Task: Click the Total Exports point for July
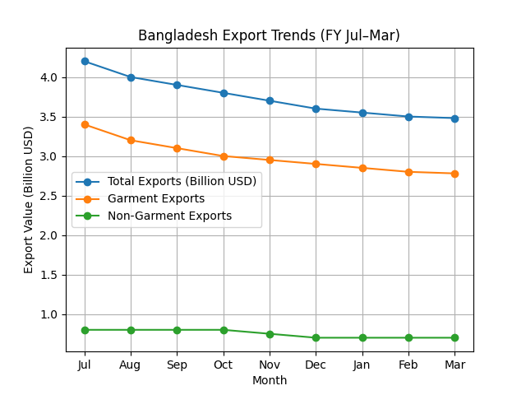(x=85, y=61)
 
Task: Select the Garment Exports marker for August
(x=131, y=141)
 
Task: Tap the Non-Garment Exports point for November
(x=270, y=334)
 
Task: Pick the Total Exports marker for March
(x=454, y=118)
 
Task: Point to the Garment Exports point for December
(x=316, y=164)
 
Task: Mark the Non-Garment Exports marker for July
(x=85, y=330)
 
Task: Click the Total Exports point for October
(x=224, y=93)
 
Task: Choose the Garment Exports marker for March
(x=454, y=174)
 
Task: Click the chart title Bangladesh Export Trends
(x=269, y=35)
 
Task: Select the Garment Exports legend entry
(x=156, y=198)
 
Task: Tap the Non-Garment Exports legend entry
(x=169, y=216)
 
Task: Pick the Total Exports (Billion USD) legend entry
(x=182, y=181)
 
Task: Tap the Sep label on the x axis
(x=178, y=365)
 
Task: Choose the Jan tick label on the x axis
(x=362, y=365)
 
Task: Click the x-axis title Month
(x=270, y=380)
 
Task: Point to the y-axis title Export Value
(x=29, y=199)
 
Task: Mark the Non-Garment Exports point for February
(x=408, y=337)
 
